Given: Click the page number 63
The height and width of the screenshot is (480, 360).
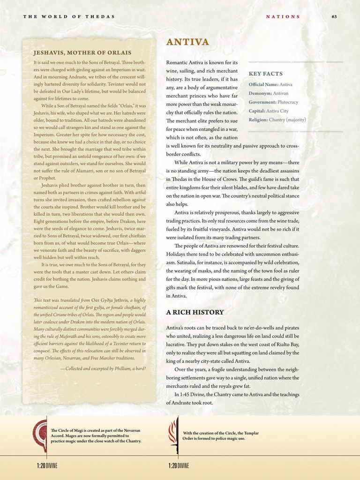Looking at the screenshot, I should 334,16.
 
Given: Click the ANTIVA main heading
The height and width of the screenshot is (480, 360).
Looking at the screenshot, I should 187,43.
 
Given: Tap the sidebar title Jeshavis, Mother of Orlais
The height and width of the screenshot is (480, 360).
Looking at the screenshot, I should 82,52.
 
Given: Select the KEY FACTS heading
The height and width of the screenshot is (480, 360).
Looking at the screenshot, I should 265,74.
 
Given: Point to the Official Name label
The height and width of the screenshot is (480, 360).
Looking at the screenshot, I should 263,84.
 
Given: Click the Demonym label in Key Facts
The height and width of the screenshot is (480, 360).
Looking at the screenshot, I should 261,93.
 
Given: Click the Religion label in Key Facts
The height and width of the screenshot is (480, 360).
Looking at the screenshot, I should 258,120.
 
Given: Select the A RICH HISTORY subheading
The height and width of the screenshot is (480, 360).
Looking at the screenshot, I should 195,312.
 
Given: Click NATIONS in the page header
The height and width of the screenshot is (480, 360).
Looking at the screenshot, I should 283,16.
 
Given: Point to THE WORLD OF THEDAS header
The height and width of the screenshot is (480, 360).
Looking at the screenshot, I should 69,16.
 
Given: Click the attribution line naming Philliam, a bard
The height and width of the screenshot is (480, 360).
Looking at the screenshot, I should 103,368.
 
